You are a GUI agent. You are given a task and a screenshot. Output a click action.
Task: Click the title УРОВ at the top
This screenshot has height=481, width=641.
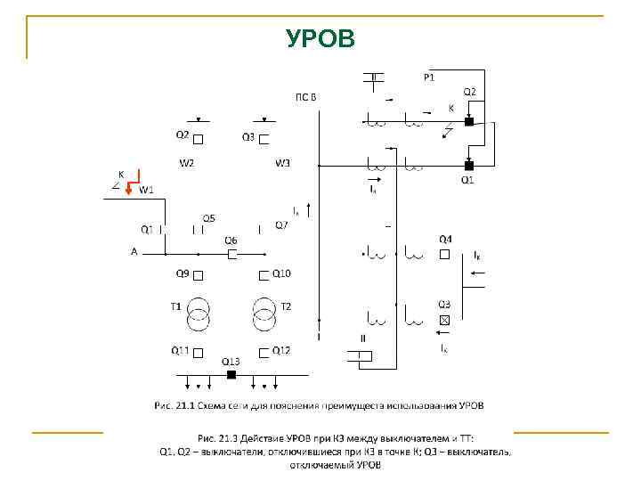pyautogui.click(x=320, y=39)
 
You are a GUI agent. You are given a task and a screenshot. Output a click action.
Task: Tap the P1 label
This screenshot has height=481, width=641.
pyautogui.click(x=429, y=77)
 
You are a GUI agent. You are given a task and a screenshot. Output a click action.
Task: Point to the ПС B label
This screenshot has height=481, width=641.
pyautogui.click(x=306, y=96)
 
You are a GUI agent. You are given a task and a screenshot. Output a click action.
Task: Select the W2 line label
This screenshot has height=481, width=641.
pyautogui.click(x=187, y=163)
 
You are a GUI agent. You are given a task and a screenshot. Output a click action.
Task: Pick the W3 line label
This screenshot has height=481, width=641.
pyautogui.click(x=282, y=163)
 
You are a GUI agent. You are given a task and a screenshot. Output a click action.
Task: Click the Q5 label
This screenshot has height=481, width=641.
pyautogui.click(x=207, y=217)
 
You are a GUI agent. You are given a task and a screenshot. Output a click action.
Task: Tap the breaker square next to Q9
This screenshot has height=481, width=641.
pyautogui.click(x=199, y=274)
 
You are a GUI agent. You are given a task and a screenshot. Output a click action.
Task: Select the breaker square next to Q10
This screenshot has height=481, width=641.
pyautogui.click(x=264, y=274)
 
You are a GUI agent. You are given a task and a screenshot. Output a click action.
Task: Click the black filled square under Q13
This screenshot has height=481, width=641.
pyautogui.click(x=231, y=375)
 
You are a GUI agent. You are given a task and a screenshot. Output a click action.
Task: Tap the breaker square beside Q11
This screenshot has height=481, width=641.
pyautogui.click(x=199, y=352)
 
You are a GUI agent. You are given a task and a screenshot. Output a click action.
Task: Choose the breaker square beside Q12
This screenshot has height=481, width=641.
pyautogui.click(x=264, y=352)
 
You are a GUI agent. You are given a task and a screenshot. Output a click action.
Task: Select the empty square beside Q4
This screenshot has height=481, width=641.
pyautogui.click(x=444, y=254)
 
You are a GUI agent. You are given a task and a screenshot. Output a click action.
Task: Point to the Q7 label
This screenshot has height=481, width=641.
pyautogui.click(x=280, y=225)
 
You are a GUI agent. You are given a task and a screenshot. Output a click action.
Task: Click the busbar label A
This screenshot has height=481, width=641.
pyautogui.click(x=134, y=252)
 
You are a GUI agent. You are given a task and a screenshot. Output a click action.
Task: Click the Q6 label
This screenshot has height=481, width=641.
pyautogui.click(x=231, y=240)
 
